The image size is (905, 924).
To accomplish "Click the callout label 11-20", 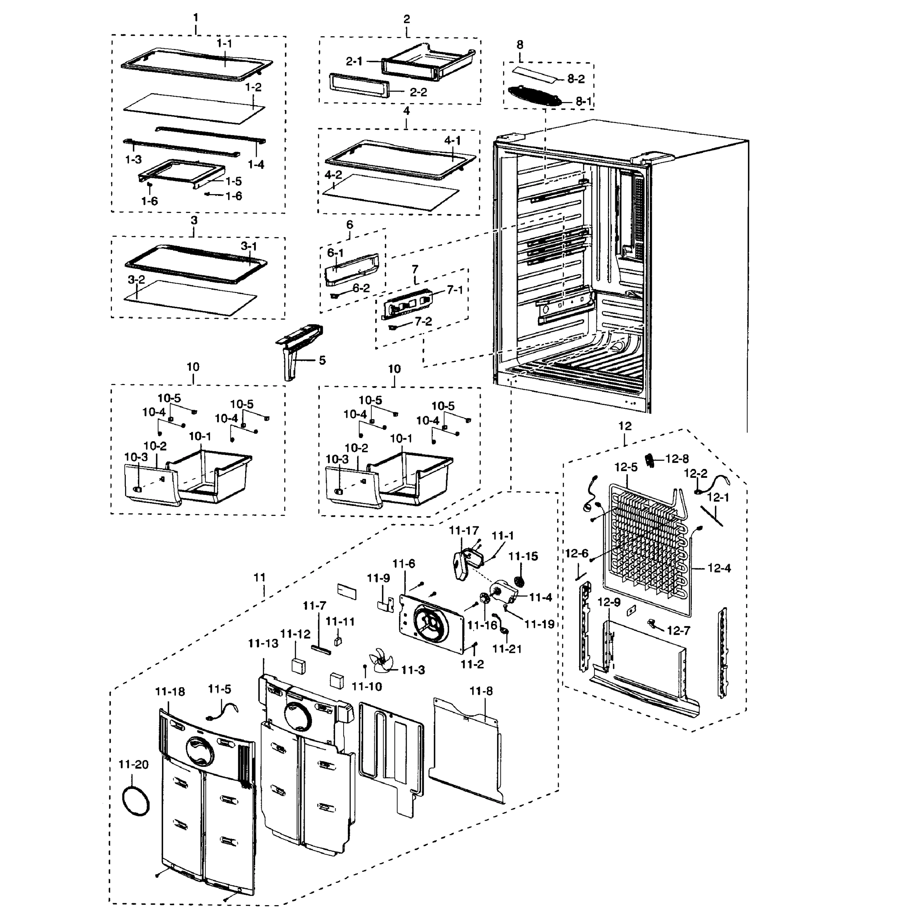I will [x=133, y=764].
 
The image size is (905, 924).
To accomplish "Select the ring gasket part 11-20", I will [x=136, y=801].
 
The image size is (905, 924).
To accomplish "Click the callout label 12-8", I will [x=677, y=459].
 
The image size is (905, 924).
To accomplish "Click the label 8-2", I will [x=576, y=79].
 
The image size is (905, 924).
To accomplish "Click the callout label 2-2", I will [x=418, y=92].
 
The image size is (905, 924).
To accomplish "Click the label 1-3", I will [x=133, y=159].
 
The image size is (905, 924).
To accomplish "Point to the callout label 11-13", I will [x=263, y=643].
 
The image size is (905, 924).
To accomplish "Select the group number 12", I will [x=624, y=426].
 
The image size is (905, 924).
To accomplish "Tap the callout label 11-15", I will [x=523, y=556].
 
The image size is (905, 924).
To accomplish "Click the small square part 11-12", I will [x=299, y=665].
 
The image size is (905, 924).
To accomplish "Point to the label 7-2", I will [x=423, y=321].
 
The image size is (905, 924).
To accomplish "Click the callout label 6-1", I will [x=335, y=253].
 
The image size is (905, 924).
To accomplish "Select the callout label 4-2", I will [x=333, y=174].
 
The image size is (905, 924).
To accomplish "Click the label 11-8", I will [x=481, y=691].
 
